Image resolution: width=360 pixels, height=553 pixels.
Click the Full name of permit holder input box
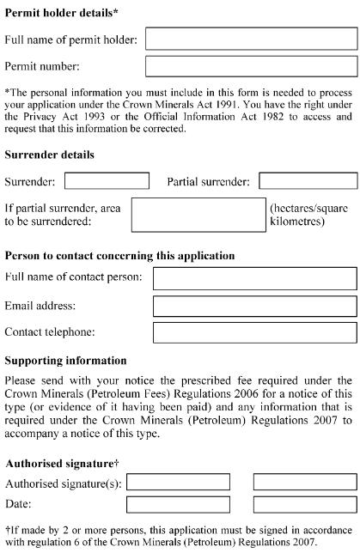coord(251,39)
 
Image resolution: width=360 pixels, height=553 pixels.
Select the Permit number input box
coord(251,66)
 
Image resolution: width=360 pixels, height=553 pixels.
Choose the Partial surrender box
coord(308,181)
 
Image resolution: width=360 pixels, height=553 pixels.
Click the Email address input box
coord(254,306)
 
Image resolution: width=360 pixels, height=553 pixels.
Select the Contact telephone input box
coord(254,332)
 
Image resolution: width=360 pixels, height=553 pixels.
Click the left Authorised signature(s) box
coord(179,482)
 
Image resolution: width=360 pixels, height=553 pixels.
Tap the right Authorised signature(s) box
coord(305,482)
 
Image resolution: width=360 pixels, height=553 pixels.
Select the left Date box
coord(179,504)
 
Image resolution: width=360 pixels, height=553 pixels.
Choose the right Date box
coord(305,504)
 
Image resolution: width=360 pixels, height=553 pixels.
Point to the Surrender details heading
coord(50,155)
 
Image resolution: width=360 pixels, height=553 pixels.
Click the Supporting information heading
coord(66,361)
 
